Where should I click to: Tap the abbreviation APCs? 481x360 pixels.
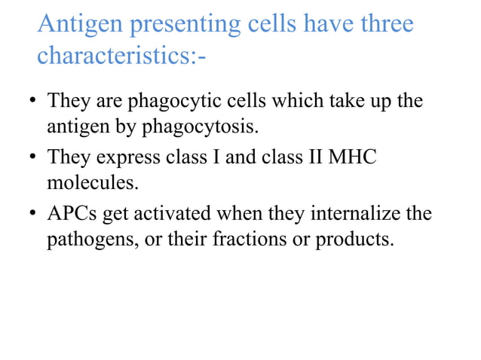point(72,215)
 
